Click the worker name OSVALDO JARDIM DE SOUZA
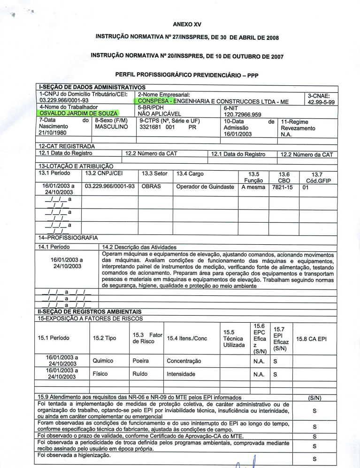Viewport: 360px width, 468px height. (79, 113)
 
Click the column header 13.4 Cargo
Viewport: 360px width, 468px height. (190, 174)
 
